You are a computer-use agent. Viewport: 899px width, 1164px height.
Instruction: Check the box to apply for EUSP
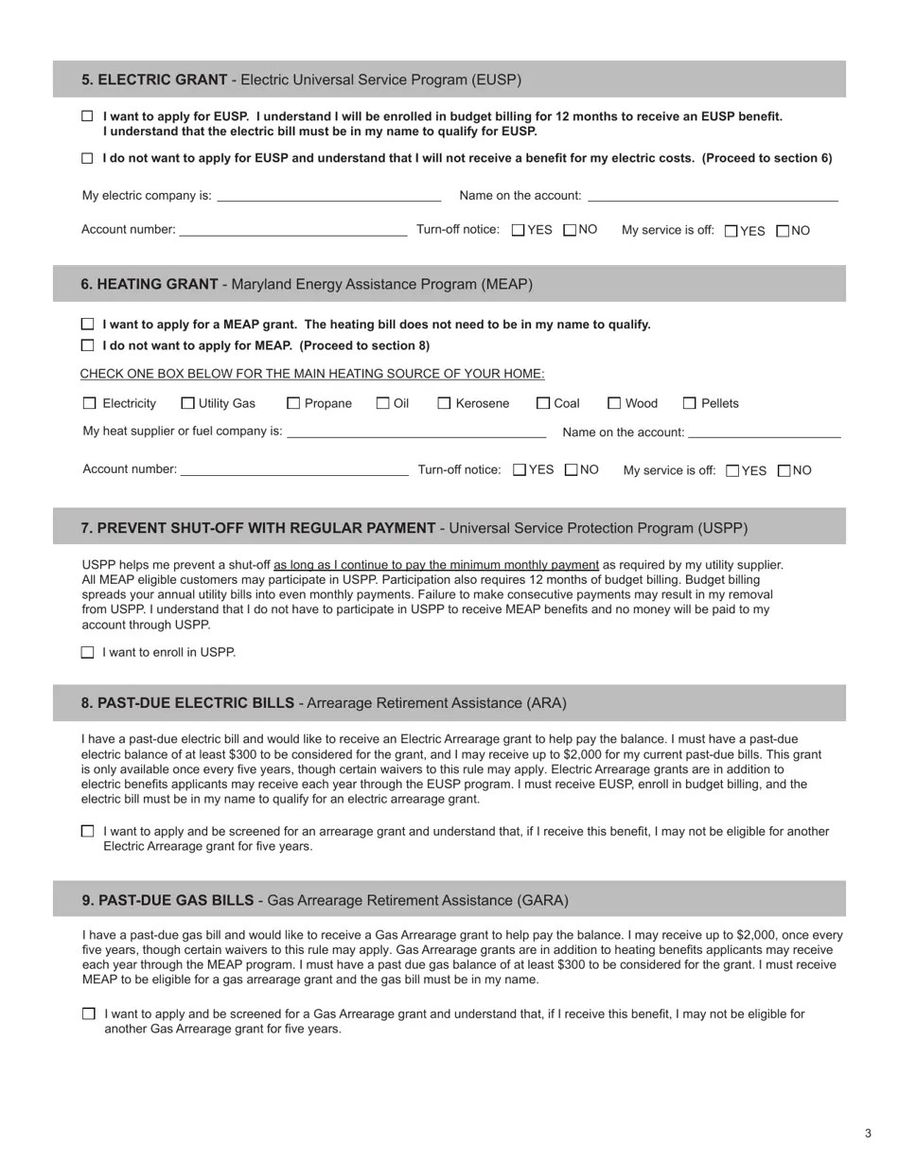pyautogui.click(x=88, y=116)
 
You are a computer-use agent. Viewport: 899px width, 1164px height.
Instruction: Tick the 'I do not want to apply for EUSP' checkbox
pyautogui.click(x=88, y=158)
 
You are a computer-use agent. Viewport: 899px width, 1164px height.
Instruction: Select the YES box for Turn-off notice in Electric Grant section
pyautogui.click(x=518, y=230)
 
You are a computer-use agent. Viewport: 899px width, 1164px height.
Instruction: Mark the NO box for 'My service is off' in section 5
pyautogui.click(x=783, y=231)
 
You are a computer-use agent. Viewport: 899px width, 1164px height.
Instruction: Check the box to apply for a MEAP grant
pyautogui.click(x=88, y=325)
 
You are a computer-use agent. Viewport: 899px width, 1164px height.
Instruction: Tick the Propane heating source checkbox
pyautogui.click(x=293, y=403)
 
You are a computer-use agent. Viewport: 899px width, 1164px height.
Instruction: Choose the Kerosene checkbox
pyautogui.click(x=444, y=403)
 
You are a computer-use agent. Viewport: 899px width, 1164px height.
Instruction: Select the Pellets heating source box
pyautogui.click(x=689, y=403)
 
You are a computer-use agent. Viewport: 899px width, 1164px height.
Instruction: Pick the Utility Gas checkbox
pyautogui.click(x=187, y=403)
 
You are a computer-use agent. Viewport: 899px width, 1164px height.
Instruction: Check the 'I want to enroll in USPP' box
pyautogui.click(x=88, y=652)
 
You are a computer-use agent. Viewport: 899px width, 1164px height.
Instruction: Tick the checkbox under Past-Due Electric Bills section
pyautogui.click(x=88, y=831)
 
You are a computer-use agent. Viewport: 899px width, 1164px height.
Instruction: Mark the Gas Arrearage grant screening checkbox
pyautogui.click(x=89, y=1014)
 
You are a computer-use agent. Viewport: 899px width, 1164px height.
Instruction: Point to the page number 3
pyautogui.click(x=868, y=1134)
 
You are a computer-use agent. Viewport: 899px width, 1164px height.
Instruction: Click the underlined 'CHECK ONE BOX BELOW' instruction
pyautogui.click(x=312, y=374)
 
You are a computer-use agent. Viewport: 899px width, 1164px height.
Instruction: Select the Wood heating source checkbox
pyautogui.click(x=614, y=403)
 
